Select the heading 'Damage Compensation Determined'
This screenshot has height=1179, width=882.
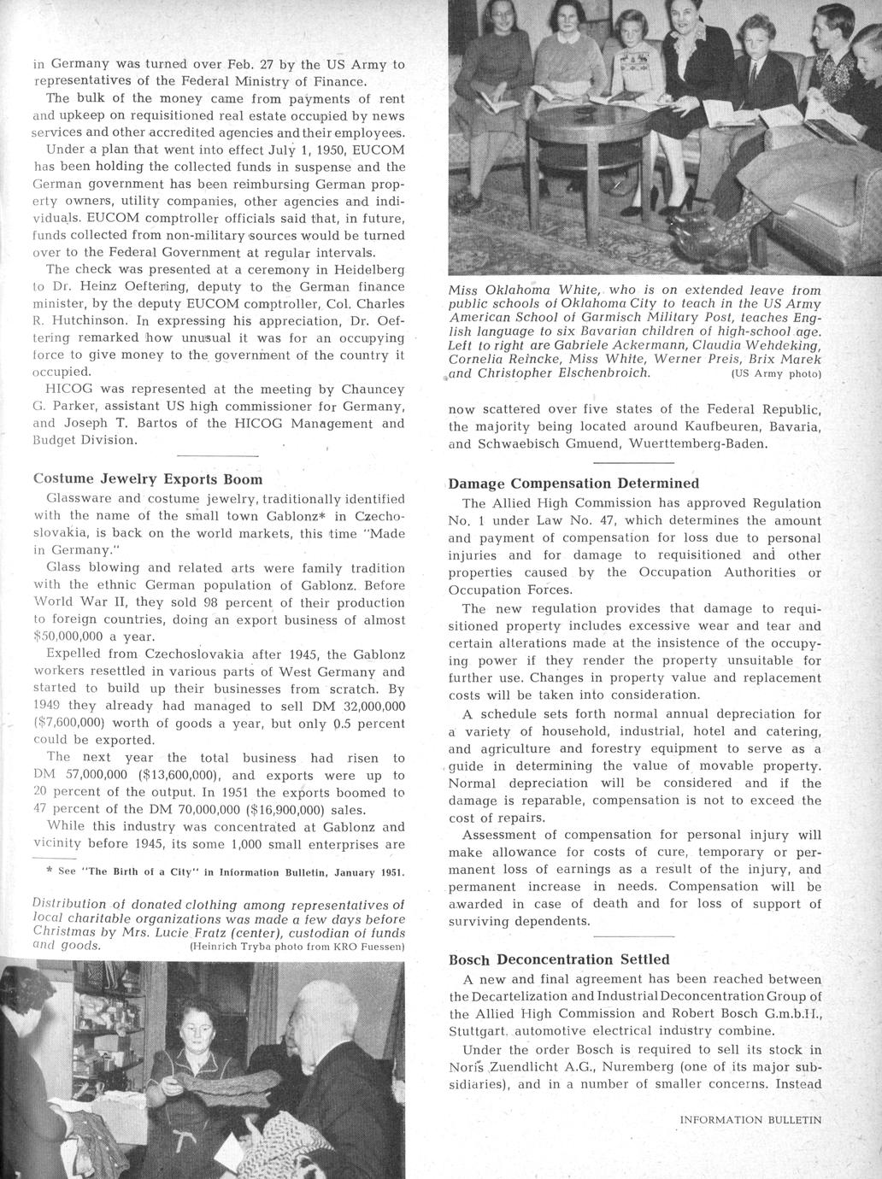573,484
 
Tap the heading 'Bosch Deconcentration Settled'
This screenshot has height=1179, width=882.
559,959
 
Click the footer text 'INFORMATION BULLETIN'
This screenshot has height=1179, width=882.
750,1119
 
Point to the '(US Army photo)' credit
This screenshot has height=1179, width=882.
775,373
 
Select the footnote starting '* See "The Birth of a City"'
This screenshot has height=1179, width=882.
225,873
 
